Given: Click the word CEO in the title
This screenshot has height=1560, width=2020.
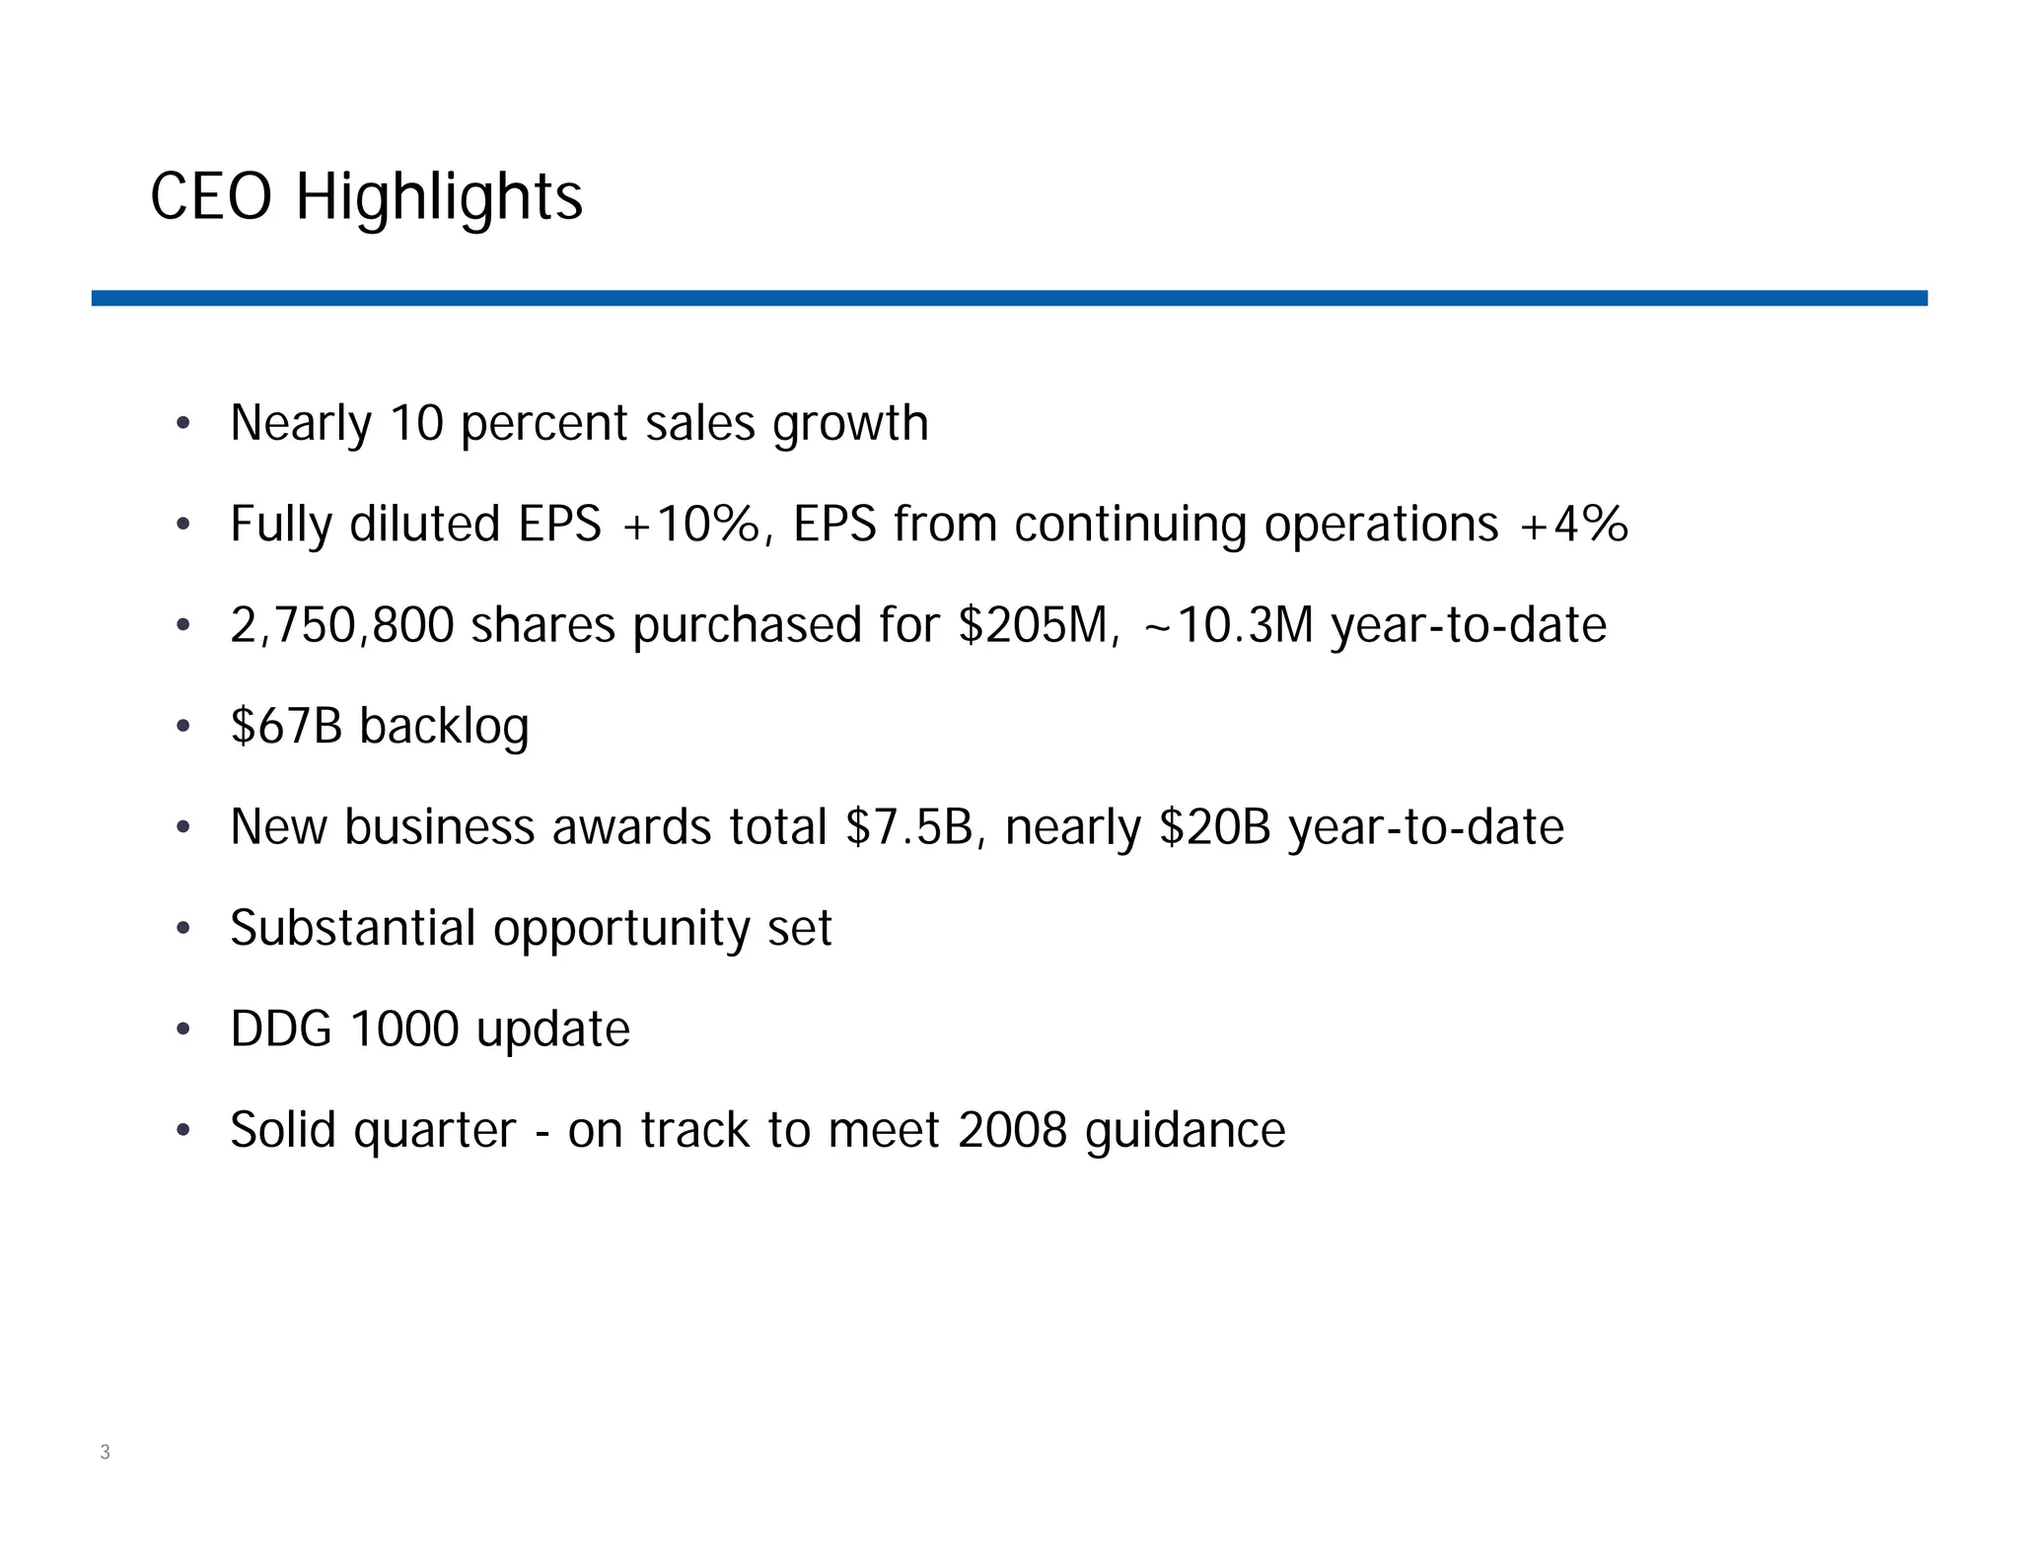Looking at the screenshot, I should [x=210, y=196].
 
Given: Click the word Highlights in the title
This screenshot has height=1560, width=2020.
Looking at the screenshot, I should [x=439, y=198].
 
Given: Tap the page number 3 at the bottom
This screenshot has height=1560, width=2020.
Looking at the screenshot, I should [x=105, y=1452].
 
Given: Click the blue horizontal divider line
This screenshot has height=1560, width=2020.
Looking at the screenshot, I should [x=1009, y=298].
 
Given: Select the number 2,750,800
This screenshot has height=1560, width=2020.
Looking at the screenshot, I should [x=341, y=625].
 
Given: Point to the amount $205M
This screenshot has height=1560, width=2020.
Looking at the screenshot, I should [x=1038, y=625].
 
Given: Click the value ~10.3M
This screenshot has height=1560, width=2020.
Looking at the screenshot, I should [x=1228, y=625].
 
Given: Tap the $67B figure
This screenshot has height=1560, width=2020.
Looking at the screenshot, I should [x=286, y=726].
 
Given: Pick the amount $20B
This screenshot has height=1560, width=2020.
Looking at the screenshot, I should [x=1215, y=826].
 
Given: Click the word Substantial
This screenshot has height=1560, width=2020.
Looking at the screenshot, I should [x=352, y=928].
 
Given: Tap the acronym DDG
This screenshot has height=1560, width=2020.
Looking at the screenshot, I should [x=281, y=1028].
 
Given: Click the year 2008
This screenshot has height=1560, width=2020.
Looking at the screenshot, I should [x=1012, y=1130].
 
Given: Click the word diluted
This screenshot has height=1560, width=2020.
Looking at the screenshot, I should [x=424, y=524].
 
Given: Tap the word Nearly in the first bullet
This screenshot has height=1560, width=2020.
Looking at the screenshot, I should [x=301, y=424].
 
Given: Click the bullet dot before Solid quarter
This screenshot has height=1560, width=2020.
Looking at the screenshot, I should [x=182, y=1131].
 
